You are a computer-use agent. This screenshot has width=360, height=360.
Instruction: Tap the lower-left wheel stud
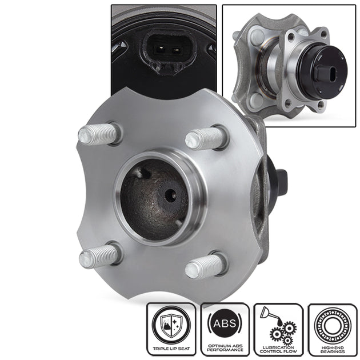(99, 255)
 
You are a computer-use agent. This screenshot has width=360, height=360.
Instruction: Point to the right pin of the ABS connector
(176, 50)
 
